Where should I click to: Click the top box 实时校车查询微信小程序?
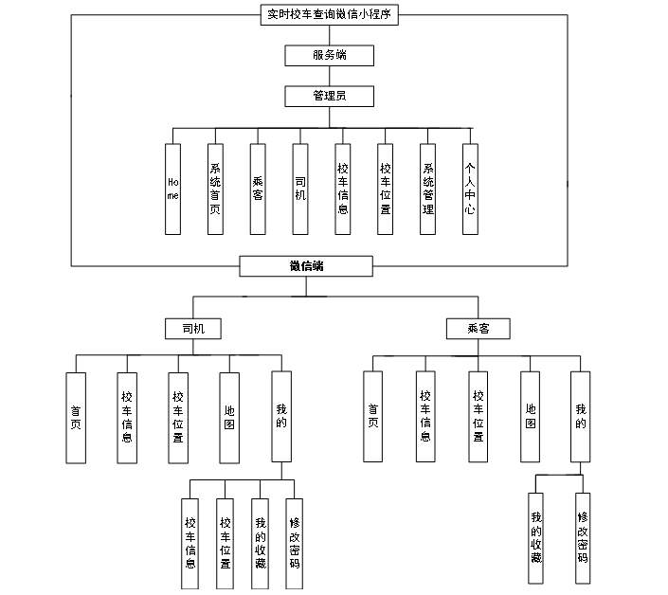pos(330,15)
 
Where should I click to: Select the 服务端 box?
pos(329,55)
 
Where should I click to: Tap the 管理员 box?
pos(329,96)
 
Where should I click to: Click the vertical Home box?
pos(172,189)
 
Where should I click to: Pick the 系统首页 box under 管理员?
pos(215,189)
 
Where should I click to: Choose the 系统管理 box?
pos(428,189)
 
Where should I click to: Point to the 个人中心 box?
pos(470,189)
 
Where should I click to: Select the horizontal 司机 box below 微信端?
pos(193,329)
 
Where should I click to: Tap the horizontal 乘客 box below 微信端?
pos(478,329)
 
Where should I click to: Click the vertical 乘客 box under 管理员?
pos(258,189)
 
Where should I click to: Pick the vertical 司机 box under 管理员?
pos(300,189)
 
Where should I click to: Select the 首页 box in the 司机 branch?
pos(76,417)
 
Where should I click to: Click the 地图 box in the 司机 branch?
pos(228,417)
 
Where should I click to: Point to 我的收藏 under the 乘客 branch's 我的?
pos(536,538)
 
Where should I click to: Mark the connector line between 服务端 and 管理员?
pos(329,76)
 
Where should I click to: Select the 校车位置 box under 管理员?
pos(385,189)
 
